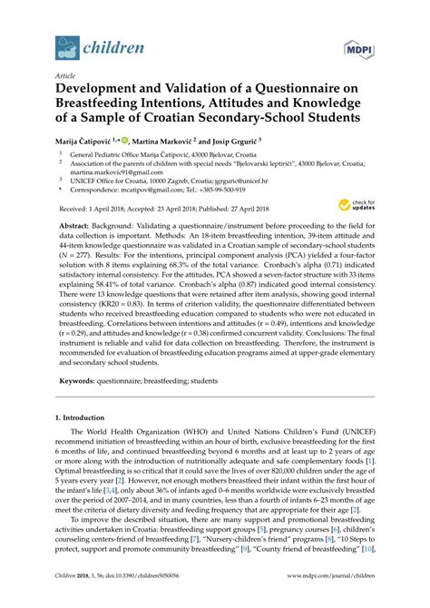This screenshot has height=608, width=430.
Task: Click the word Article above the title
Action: pos(66,78)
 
